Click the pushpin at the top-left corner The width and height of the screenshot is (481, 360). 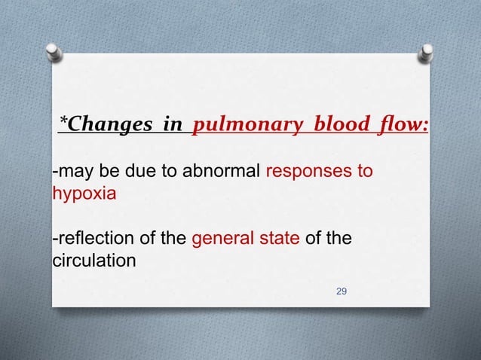[54, 50]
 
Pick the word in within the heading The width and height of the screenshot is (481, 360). [173, 124]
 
